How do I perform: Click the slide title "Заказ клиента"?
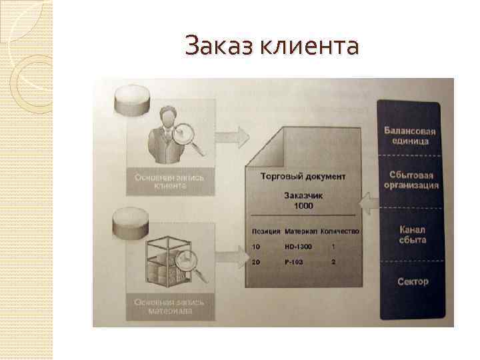(x=272, y=47)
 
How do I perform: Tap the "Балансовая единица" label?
(x=406, y=135)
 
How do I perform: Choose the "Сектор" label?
(x=413, y=281)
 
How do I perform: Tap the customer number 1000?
(x=303, y=207)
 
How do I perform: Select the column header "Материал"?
(x=299, y=231)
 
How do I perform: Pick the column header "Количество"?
(x=339, y=231)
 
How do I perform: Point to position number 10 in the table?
(x=257, y=247)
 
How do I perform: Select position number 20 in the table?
(x=257, y=263)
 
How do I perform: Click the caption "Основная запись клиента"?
(x=170, y=182)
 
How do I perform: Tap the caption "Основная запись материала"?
(x=170, y=306)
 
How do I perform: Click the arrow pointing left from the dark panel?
(x=367, y=201)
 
